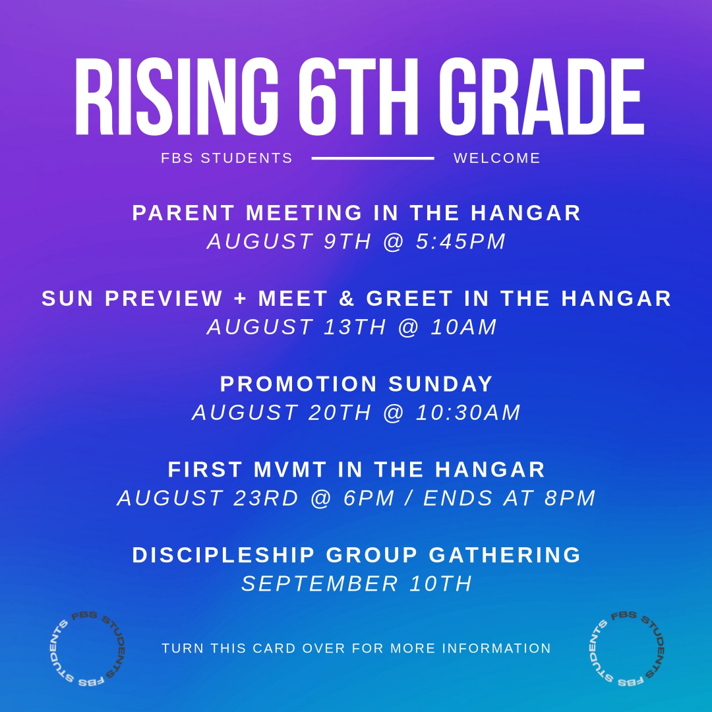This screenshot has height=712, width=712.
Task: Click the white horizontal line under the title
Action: coord(372,158)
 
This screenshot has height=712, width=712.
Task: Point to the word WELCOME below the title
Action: coord(496,158)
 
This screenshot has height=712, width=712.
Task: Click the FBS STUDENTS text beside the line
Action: coord(227,158)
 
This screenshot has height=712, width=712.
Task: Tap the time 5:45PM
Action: coord(461,241)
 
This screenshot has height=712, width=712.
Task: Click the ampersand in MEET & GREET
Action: coord(347,299)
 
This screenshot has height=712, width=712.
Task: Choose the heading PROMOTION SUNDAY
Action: coord(357,384)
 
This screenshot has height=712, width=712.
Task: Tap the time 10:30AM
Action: coord(468,413)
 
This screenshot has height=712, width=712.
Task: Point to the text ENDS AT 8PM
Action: coord(510,498)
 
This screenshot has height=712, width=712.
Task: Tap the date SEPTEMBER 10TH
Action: coord(357,584)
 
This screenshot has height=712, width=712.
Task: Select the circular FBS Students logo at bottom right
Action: coord(624,648)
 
